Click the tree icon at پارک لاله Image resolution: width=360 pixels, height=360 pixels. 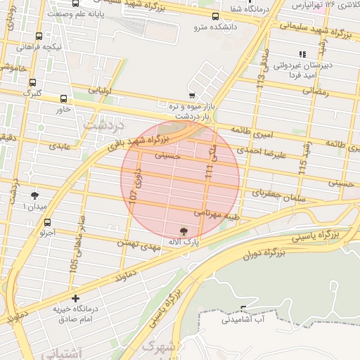coord(184,231)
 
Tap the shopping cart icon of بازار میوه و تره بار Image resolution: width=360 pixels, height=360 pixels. coord(192,95)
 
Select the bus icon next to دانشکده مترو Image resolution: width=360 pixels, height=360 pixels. coord(215,15)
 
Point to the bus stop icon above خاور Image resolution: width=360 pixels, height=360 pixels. coord(64,99)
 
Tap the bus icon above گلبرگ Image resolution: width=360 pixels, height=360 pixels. coord(33,82)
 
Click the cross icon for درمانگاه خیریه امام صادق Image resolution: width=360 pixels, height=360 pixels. coord(76,298)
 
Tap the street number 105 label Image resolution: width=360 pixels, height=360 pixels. coord(74,266)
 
